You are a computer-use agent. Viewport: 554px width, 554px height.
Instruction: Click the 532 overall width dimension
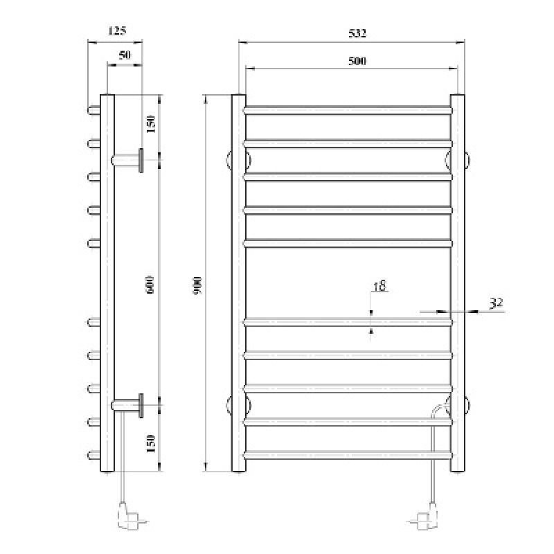352,33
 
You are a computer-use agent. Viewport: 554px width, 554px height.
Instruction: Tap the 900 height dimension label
197,283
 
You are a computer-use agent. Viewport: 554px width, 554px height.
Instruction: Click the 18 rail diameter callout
379,285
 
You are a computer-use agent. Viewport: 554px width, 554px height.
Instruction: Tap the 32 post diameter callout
496,303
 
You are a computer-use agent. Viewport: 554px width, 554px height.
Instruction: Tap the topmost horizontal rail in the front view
348,110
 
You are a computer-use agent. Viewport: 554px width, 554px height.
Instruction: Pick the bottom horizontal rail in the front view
348,454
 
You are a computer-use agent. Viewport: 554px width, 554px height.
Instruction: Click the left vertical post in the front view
238,283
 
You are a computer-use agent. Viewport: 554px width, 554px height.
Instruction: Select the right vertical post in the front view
457,283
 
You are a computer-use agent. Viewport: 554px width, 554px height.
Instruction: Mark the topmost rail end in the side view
93,110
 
